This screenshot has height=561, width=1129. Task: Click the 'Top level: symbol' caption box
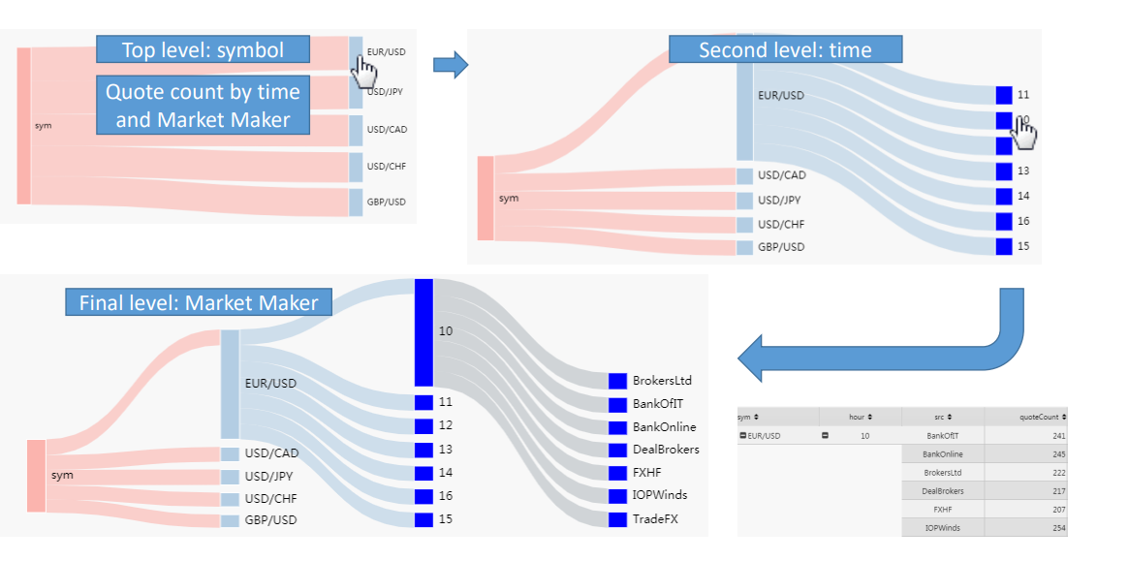(203, 49)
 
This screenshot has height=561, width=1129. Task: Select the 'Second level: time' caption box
(785, 49)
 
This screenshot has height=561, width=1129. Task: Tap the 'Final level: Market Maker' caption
(199, 302)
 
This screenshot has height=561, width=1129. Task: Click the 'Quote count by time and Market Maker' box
(203, 106)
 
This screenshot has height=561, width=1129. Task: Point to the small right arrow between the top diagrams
(450, 66)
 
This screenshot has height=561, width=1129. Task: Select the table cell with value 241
(1025, 436)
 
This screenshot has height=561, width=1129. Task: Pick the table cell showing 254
(1025, 527)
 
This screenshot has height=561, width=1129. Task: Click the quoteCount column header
(1025, 417)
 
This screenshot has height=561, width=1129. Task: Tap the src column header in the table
(942, 417)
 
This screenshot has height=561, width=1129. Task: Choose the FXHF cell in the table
(942, 509)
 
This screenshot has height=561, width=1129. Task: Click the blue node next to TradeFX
(617, 520)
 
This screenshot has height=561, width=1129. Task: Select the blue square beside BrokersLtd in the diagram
(617, 381)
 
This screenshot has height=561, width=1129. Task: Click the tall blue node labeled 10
(423, 331)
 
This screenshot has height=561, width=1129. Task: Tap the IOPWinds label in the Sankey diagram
(659, 495)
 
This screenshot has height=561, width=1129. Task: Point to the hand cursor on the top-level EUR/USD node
(364, 70)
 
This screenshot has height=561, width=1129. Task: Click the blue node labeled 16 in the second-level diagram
(1004, 221)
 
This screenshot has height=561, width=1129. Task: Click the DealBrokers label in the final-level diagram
(665, 450)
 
